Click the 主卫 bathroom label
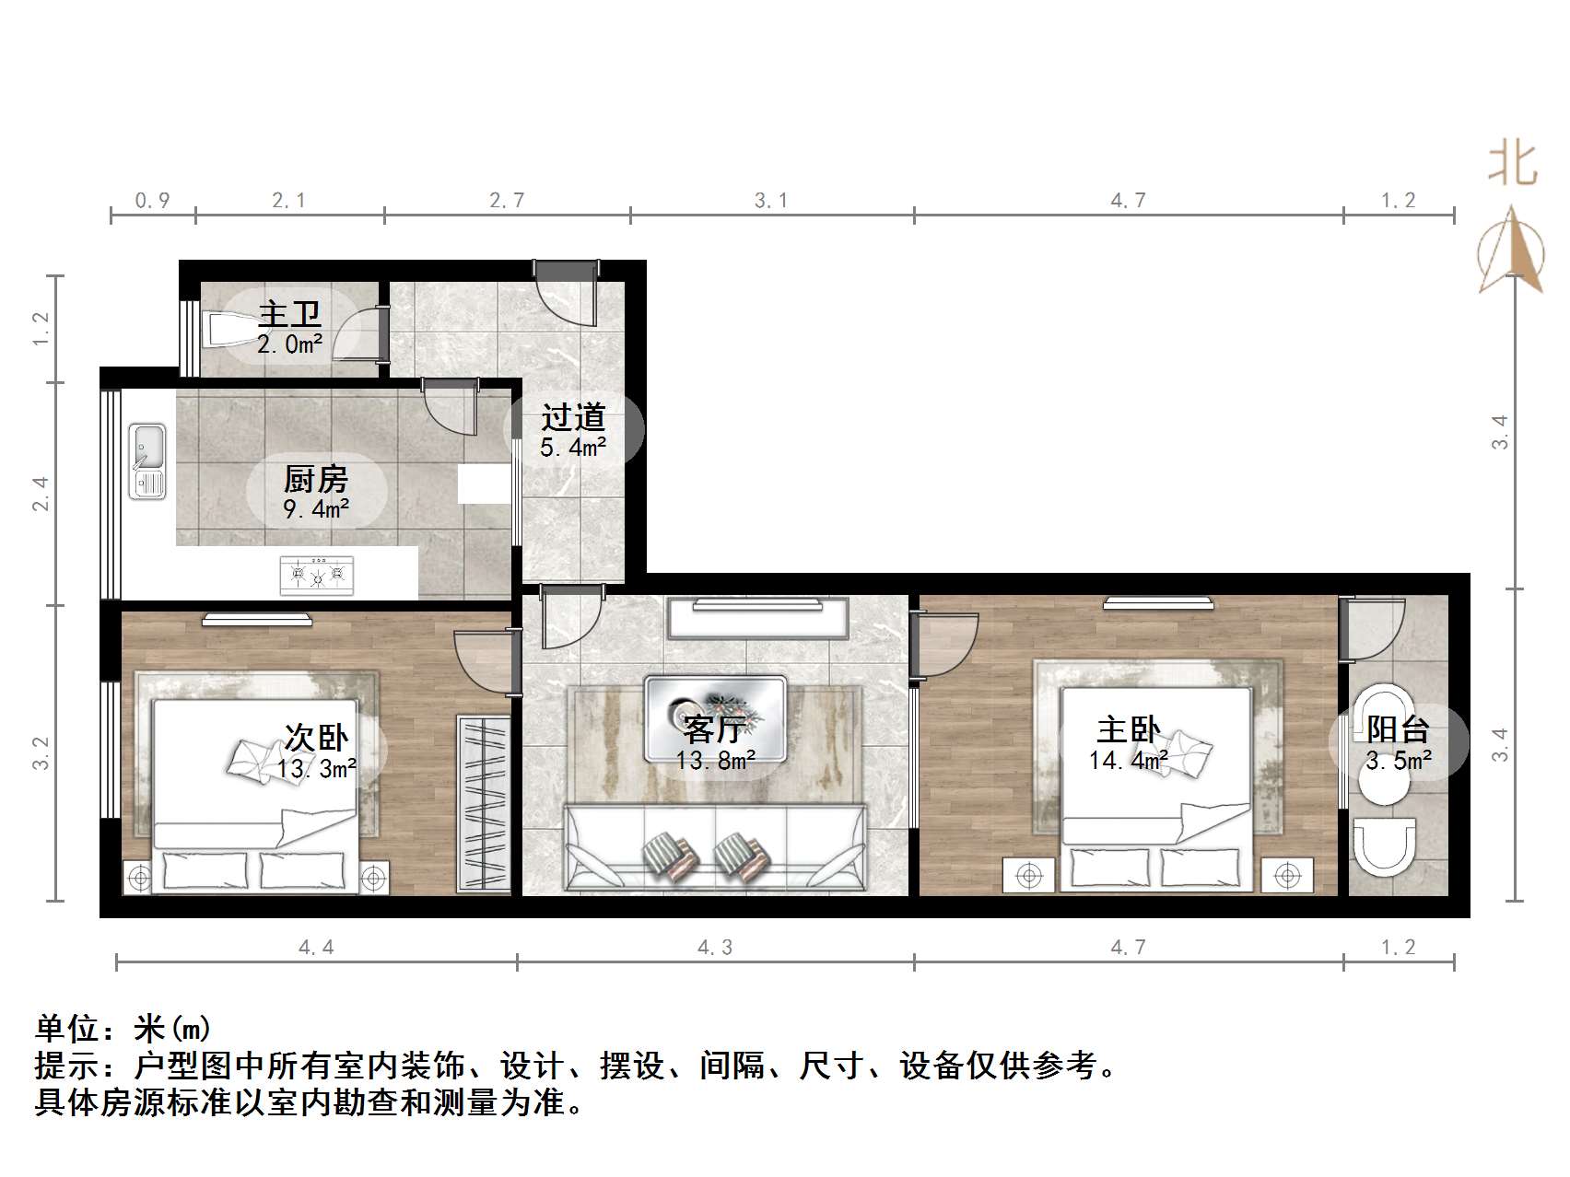(289, 314)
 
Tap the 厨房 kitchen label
(315, 479)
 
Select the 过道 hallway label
(572, 417)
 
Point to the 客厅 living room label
(714, 730)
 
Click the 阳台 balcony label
(1397, 730)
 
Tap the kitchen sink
(146, 460)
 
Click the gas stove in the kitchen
(317, 575)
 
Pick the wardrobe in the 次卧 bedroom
(484, 802)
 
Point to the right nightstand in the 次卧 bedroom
(373, 878)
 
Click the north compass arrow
(1511, 249)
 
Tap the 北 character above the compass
(1512, 163)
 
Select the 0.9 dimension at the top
(153, 200)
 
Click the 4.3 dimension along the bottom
(715, 947)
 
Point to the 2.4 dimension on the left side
(40, 494)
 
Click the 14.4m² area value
(1128, 761)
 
